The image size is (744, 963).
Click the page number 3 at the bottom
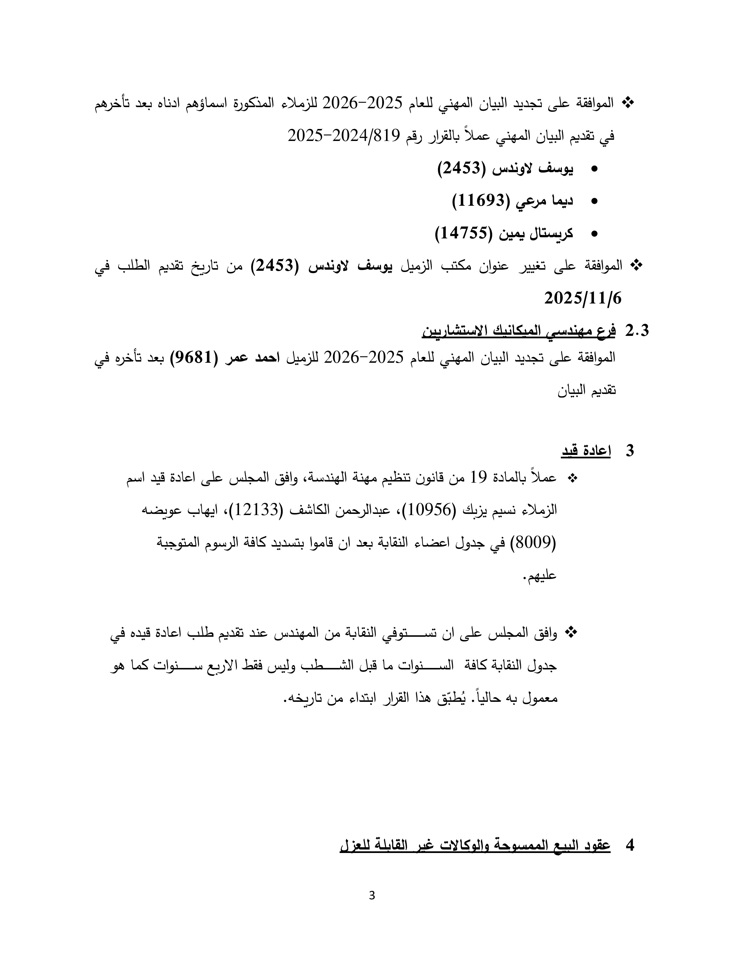click(371, 896)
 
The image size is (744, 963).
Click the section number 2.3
click(637, 331)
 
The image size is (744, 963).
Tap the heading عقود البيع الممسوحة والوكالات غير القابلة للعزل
click(475, 845)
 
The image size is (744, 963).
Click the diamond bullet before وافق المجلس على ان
click(572, 633)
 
